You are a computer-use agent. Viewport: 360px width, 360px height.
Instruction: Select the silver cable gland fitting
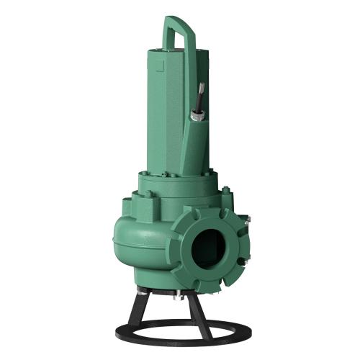(194, 113)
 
